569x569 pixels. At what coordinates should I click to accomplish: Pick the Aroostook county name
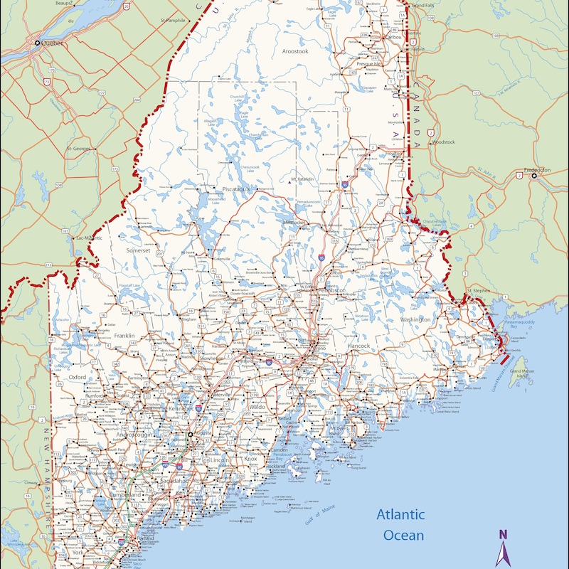(295, 51)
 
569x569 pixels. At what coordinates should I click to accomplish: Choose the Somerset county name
(138, 250)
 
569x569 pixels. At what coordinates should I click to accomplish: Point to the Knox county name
(250, 459)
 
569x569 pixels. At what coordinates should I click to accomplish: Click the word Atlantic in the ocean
(400, 515)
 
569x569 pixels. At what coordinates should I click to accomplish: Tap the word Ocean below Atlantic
(403, 536)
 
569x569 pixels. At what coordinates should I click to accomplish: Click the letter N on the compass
(503, 535)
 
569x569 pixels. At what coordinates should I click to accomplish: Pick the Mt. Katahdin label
(302, 179)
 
